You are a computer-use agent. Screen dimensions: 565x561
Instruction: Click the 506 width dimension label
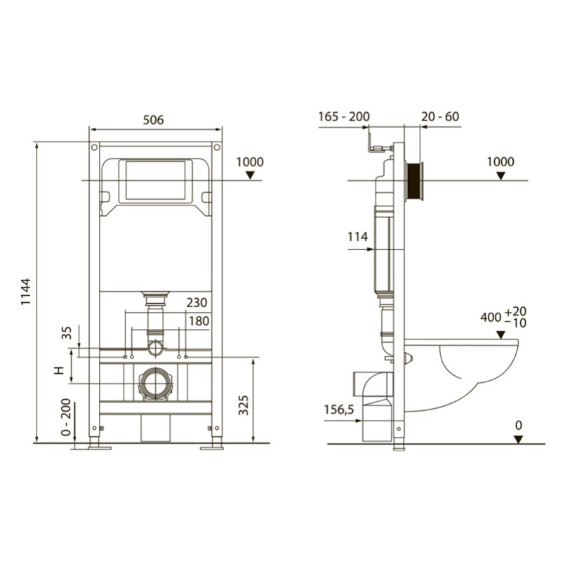pos(153,119)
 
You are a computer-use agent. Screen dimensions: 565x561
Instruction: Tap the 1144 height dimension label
pos(26,292)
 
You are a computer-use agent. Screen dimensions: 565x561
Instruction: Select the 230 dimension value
pos(197,302)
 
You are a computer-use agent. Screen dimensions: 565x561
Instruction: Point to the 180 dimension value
pos(199,321)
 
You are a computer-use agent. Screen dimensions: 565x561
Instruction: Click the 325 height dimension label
pos(244,405)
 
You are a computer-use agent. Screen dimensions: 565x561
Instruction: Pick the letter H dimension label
pos(59,370)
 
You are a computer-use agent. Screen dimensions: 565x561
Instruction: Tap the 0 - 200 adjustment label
pos(66,417)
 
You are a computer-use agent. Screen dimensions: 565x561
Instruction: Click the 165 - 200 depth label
pos(344,116)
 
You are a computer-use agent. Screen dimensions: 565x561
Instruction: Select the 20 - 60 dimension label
pos(440,116)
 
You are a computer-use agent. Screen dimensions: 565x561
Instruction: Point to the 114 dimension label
pos(357,237)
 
